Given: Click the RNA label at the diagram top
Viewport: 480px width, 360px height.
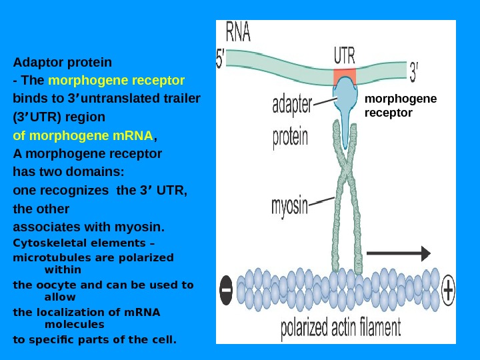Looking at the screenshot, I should (x=238, y=32).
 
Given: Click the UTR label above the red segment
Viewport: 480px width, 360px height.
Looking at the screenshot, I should (x=345, y=55).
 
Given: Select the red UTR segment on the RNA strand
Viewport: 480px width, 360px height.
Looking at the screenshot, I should (x=345, y=76).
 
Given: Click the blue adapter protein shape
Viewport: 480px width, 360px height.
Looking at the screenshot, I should (x=345, y=100).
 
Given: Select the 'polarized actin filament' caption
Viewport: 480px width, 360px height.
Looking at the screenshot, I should (x=341, y=328).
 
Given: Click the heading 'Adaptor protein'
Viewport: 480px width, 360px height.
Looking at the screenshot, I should (x=63, y=63).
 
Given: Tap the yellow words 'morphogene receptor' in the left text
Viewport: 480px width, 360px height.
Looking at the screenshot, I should (x=117, y=81).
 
